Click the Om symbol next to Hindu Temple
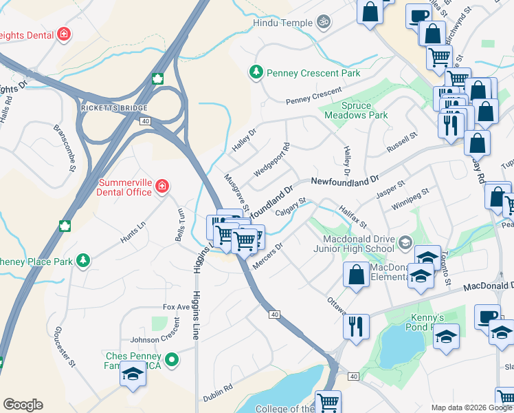point(324,23)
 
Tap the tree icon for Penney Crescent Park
point(256,72)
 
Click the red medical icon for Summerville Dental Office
point(161,186)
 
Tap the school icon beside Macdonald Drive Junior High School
point(405,242)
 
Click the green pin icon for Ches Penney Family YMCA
point(172,359)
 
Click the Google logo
point(23,404)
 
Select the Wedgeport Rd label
point(271,160)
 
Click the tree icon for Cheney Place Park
point(83,260)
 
